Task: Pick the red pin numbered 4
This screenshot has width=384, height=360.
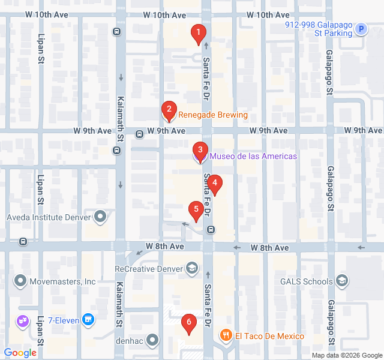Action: pos(215,185)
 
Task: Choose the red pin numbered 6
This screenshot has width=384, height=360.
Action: pos(189,324)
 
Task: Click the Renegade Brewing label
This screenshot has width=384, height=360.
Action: pos(212,115)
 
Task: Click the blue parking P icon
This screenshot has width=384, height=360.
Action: pos(361,28)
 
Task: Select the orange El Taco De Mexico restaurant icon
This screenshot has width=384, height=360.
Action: pos(226,335)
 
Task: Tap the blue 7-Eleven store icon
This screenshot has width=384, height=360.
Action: pos(89,320)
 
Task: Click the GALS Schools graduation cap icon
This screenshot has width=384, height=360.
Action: pos(342,281)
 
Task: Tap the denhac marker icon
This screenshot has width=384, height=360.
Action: pos(153,340)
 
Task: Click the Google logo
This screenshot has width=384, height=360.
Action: pos(20,353)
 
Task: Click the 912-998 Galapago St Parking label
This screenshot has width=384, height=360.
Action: pos(319,29)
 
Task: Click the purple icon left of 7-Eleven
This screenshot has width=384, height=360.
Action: pos(23,321)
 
